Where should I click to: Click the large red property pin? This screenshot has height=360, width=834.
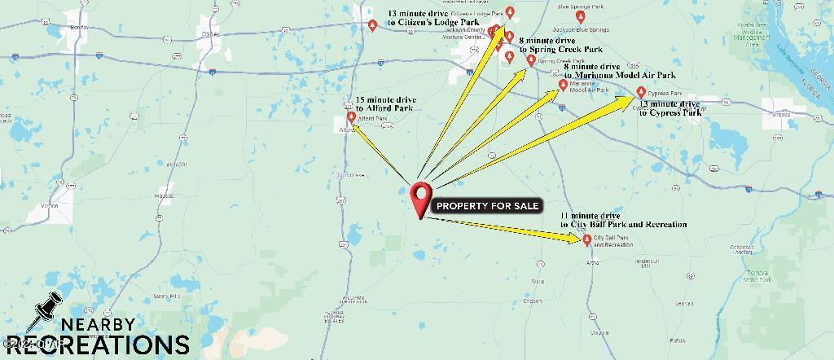pos(420,196)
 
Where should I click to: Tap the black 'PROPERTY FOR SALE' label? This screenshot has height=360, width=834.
pos(487,206)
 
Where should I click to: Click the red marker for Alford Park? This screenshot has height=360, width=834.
pos(352,116)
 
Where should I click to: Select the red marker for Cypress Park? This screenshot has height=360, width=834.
pos(641,92)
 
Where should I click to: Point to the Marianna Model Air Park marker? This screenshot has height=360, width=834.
pos(562,85)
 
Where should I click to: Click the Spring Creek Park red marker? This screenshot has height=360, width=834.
pos(531,59)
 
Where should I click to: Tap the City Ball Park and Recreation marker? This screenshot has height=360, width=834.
pos(587,239)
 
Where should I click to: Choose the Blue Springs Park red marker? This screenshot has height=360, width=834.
pos(580,16)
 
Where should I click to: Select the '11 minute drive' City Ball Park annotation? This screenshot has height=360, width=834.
pos(623,220)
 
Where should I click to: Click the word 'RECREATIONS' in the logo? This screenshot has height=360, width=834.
pos(97,345)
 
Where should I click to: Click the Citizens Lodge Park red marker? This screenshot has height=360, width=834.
pos(510,11)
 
